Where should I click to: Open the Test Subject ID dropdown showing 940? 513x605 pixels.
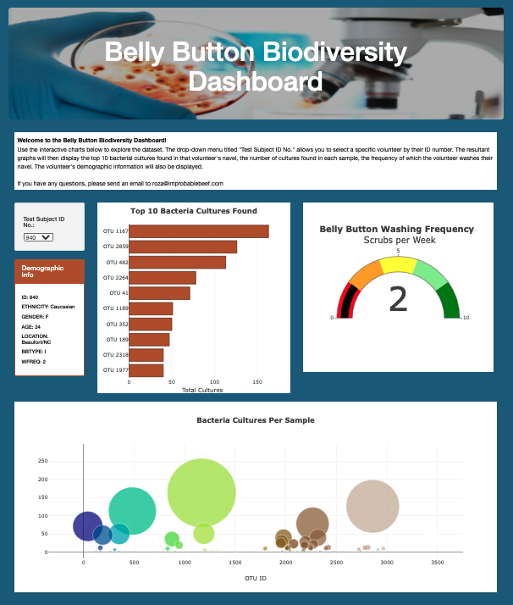click(x=38, y=237)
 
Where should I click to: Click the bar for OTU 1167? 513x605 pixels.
click(x=198, y=231)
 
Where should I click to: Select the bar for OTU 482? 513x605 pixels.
click(x=177, y=262)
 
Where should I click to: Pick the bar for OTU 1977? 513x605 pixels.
click(x=146, y=370)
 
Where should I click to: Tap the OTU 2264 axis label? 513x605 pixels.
click(x=116, y=278)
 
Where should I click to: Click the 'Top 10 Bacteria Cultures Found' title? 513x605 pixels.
click(x=194, y=211)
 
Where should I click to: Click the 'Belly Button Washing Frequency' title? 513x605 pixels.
click(x=397, y=229)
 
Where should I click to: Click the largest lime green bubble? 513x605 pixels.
click(x=201, y=491)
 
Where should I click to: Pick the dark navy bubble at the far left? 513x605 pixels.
click(x=87, y=526)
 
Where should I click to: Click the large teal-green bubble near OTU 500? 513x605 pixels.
click(x=132, y=511)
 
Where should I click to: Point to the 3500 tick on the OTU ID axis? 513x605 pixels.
click(x=438, y=562)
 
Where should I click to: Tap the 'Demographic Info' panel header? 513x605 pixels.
click(x=49, y=271)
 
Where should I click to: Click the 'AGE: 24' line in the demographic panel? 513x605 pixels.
click(x=31, y=326)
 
